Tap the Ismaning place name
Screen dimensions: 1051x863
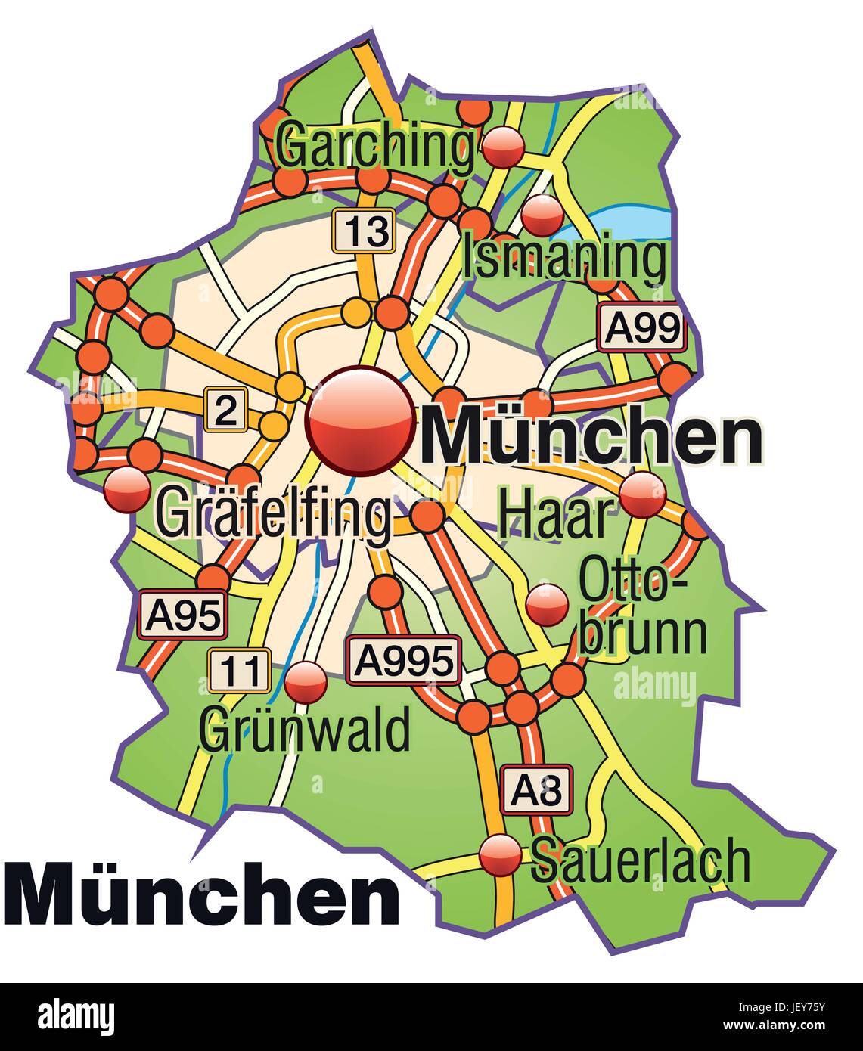click(x=564, y=257)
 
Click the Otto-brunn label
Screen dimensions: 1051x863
click(x=643, y=609)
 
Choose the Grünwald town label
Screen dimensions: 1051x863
click(x=305, y=730)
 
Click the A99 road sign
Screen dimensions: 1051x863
click(x=641, y=328)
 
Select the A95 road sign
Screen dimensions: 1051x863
click(x=183, y=615)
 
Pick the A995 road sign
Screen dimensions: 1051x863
click(x=404, y=661)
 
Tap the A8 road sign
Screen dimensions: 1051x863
click(x=535, y=790)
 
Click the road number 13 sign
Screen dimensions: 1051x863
click(x=364, y=231)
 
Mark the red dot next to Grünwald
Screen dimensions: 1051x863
click(x=306, y=682)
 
